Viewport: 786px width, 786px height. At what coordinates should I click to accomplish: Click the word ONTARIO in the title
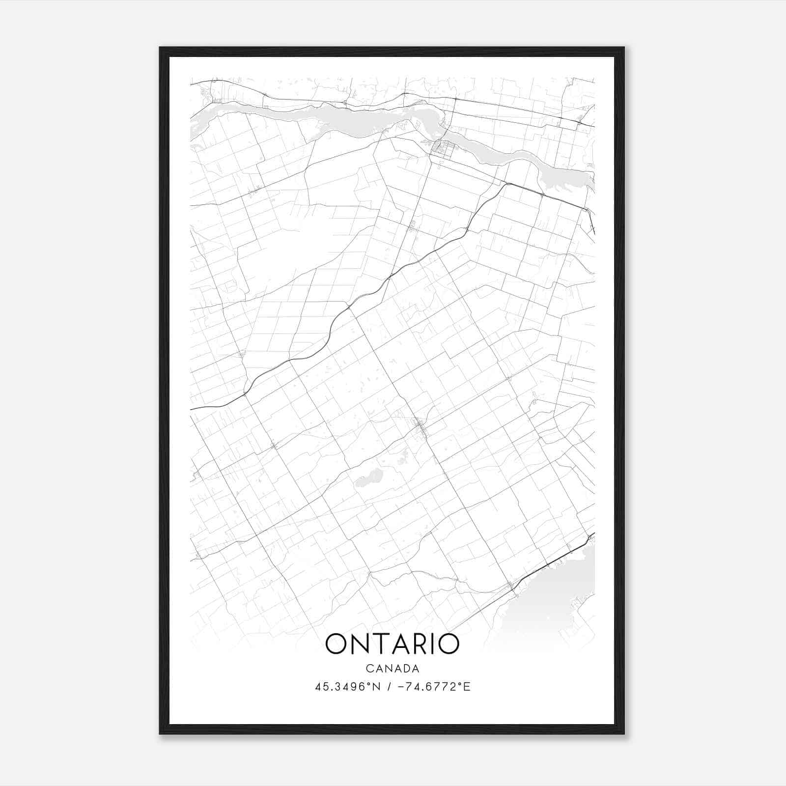[393, 644]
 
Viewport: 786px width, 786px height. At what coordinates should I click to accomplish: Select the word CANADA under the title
[393, 668]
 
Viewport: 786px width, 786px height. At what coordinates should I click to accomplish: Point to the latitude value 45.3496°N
[348, 687]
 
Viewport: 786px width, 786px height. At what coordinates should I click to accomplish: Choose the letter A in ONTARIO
[399, 644]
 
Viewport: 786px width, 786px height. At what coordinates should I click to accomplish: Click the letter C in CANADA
[368, 668]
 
